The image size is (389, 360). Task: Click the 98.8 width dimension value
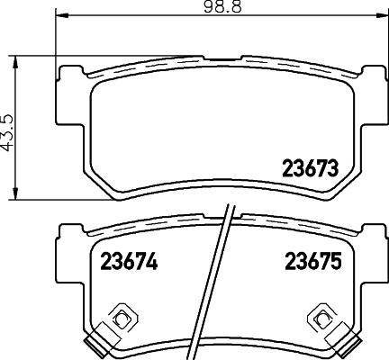point(196,7)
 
